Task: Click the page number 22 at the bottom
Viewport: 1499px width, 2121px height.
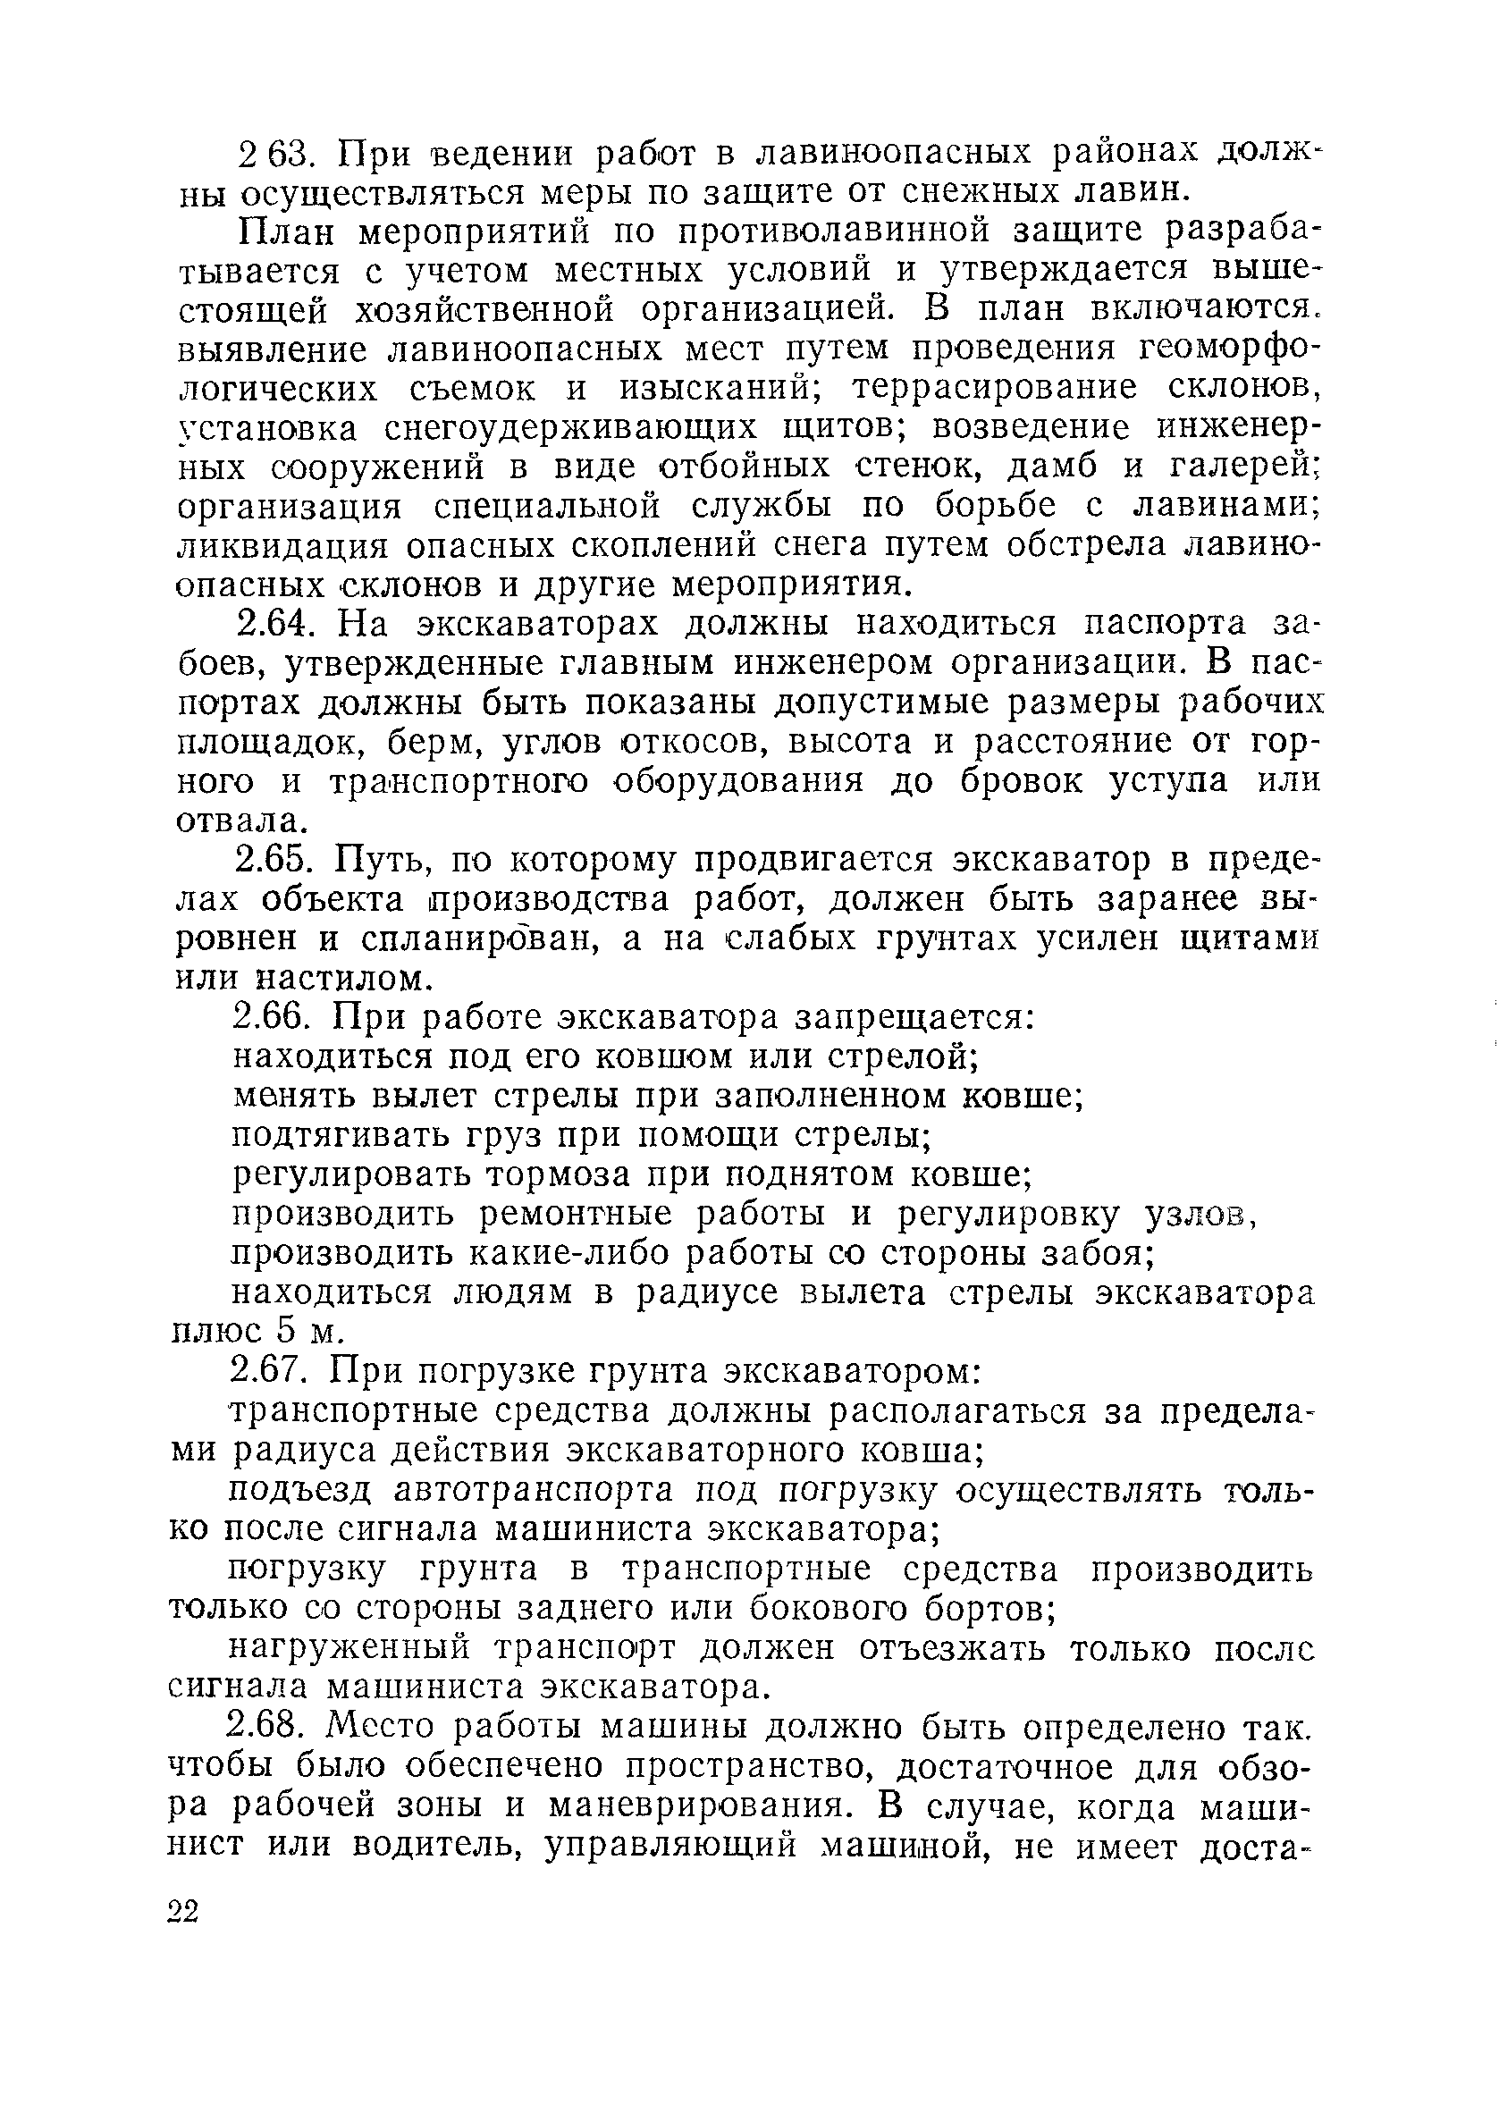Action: [184, 1910]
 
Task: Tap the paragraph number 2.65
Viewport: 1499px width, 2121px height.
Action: [278, 861]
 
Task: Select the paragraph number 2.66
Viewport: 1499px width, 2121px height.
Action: [278, 1018]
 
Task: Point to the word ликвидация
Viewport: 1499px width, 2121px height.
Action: [284, 547]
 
